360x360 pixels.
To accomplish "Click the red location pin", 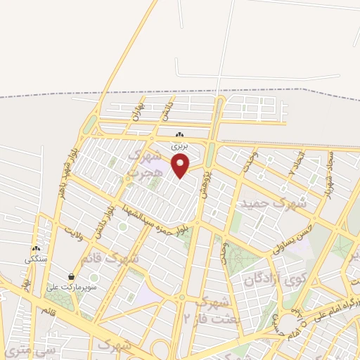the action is (181, 166).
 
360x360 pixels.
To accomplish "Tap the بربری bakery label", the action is (181, 147).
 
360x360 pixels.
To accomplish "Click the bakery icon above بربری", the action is (181, 135).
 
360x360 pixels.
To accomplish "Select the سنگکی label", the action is (35, 259).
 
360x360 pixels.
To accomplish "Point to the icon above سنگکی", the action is (35, 248).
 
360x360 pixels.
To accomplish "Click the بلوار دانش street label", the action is (106, 218).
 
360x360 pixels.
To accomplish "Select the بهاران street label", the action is (137, 112).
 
